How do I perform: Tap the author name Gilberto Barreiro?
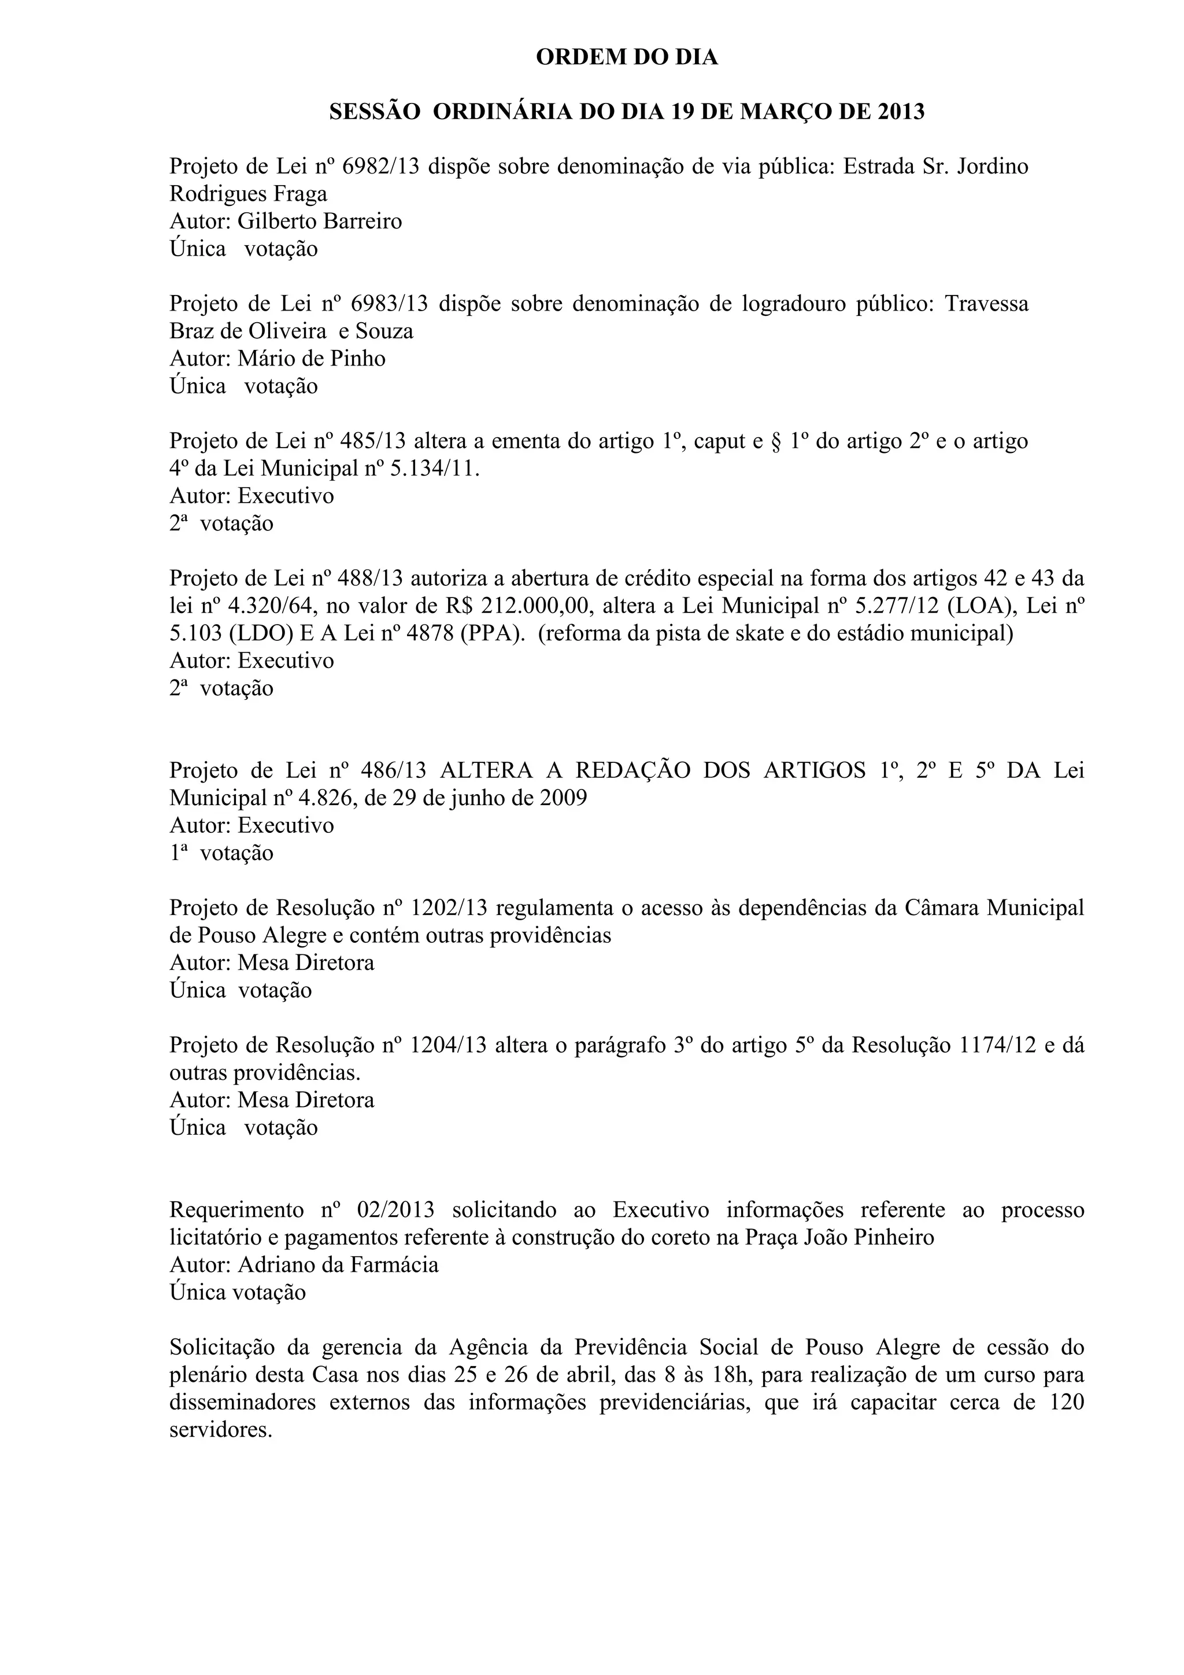(x=319, y=221)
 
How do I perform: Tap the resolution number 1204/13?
(x=447, y=1045)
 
